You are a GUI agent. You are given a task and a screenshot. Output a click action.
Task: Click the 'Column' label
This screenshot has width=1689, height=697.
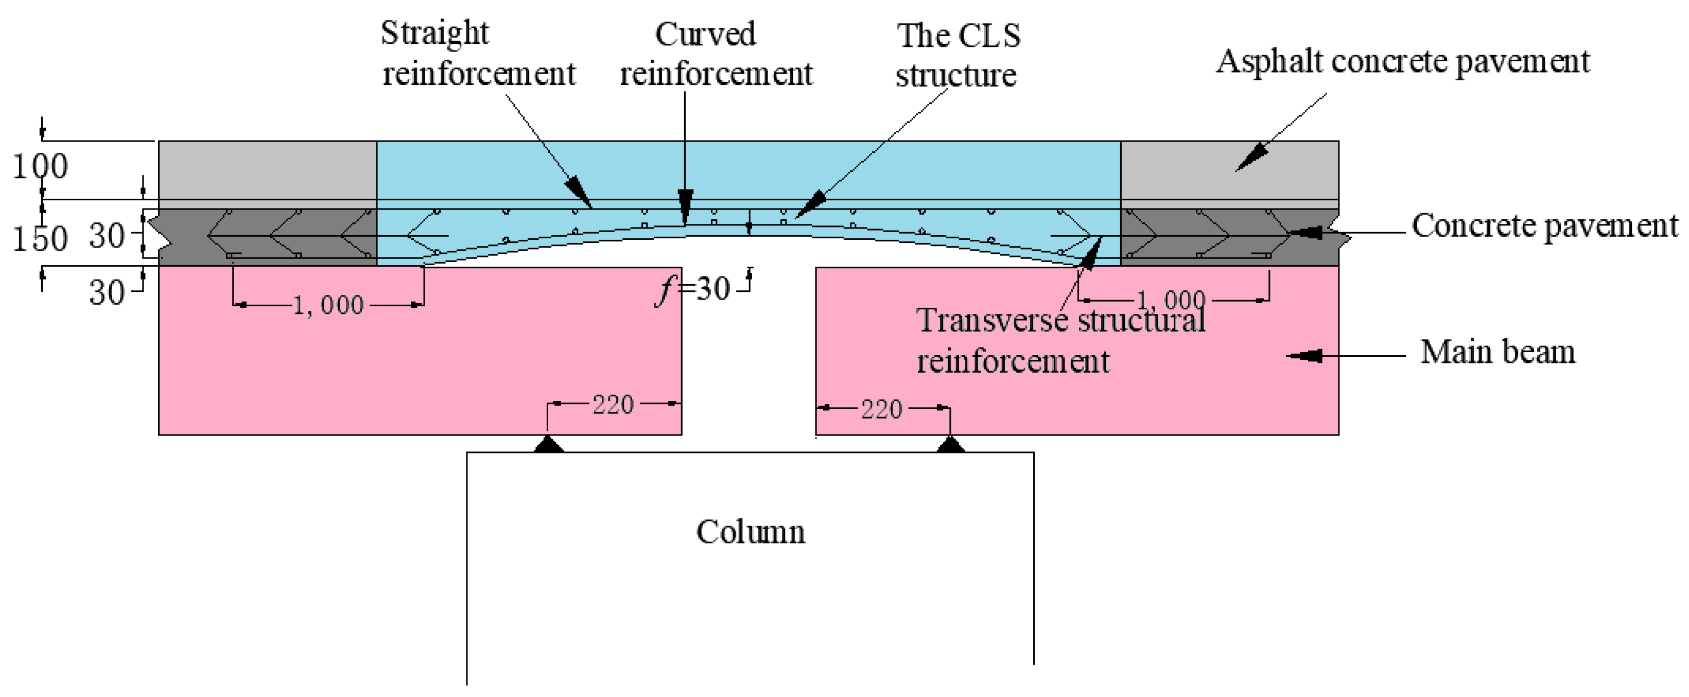tap(750, 532)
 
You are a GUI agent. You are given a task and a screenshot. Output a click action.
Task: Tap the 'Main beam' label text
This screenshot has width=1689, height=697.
tap(1498, 352)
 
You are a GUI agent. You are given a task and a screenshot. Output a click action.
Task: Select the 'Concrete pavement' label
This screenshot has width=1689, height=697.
tap(1544, 226)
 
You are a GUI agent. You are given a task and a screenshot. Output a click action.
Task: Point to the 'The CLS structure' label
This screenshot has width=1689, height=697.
tap(958, 55)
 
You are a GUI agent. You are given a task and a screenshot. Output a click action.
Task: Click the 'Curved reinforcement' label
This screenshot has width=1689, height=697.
tap(716, 54)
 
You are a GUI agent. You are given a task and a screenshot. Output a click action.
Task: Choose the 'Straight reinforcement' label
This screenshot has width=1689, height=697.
tap(478, 53)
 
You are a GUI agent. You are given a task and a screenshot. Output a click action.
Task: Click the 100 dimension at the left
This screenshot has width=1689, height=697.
tap(41, 167)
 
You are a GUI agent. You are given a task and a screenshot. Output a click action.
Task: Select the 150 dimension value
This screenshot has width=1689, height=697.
tap(41, 239)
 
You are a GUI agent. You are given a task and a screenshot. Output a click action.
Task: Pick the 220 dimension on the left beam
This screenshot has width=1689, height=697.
tap(613, 405)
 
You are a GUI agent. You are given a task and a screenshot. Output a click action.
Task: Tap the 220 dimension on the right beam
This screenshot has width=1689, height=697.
tap(881, 410)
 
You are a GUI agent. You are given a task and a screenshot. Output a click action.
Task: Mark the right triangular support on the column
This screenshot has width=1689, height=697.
tap(951, 445)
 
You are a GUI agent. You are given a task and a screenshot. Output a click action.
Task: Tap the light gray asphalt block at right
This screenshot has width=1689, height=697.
tap(1229, 170)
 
